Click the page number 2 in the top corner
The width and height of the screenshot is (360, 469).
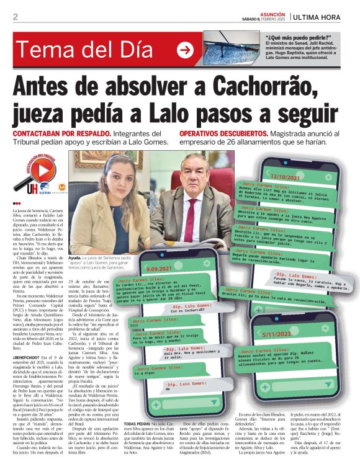tap(15, 17)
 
